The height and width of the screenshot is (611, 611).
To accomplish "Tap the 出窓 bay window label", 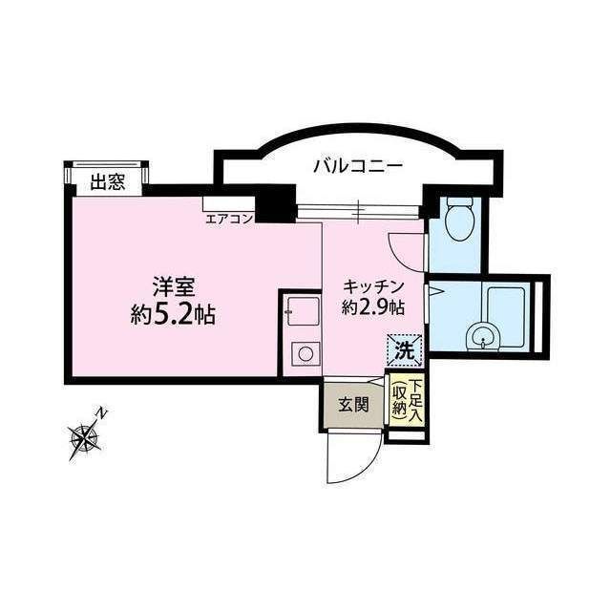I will click(x=108, y=182).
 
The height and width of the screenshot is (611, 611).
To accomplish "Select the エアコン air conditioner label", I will click(x=229, y=219).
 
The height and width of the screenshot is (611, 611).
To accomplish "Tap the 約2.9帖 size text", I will click(x=373, y=307).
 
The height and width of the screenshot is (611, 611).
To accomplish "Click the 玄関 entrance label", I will click(x=353, y=404).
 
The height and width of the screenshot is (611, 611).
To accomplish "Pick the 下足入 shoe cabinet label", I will click(x=417, y=396).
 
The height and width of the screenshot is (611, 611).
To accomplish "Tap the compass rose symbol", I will click(x=86, y=438).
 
